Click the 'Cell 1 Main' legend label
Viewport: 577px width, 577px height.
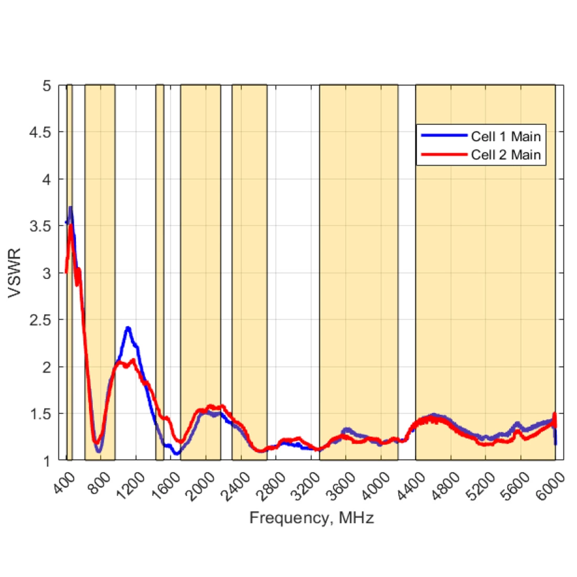coord(506,136)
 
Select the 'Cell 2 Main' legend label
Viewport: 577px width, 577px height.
coord(506,155)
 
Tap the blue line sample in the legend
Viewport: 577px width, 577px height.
coord(444,136)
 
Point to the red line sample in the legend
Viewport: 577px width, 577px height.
coord(444,155)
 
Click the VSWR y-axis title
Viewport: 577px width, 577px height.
coord(16,273)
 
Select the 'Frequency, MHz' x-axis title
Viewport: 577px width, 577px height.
coord(312,518)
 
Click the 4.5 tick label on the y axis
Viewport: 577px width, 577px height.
coord(40,132)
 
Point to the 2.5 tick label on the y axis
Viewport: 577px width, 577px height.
coord(40,319)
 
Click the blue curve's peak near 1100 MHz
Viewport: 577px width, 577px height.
coord(127,328)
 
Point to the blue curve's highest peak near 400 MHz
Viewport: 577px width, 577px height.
coord(70,208)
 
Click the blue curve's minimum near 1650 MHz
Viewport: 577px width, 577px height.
coord(177,453)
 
